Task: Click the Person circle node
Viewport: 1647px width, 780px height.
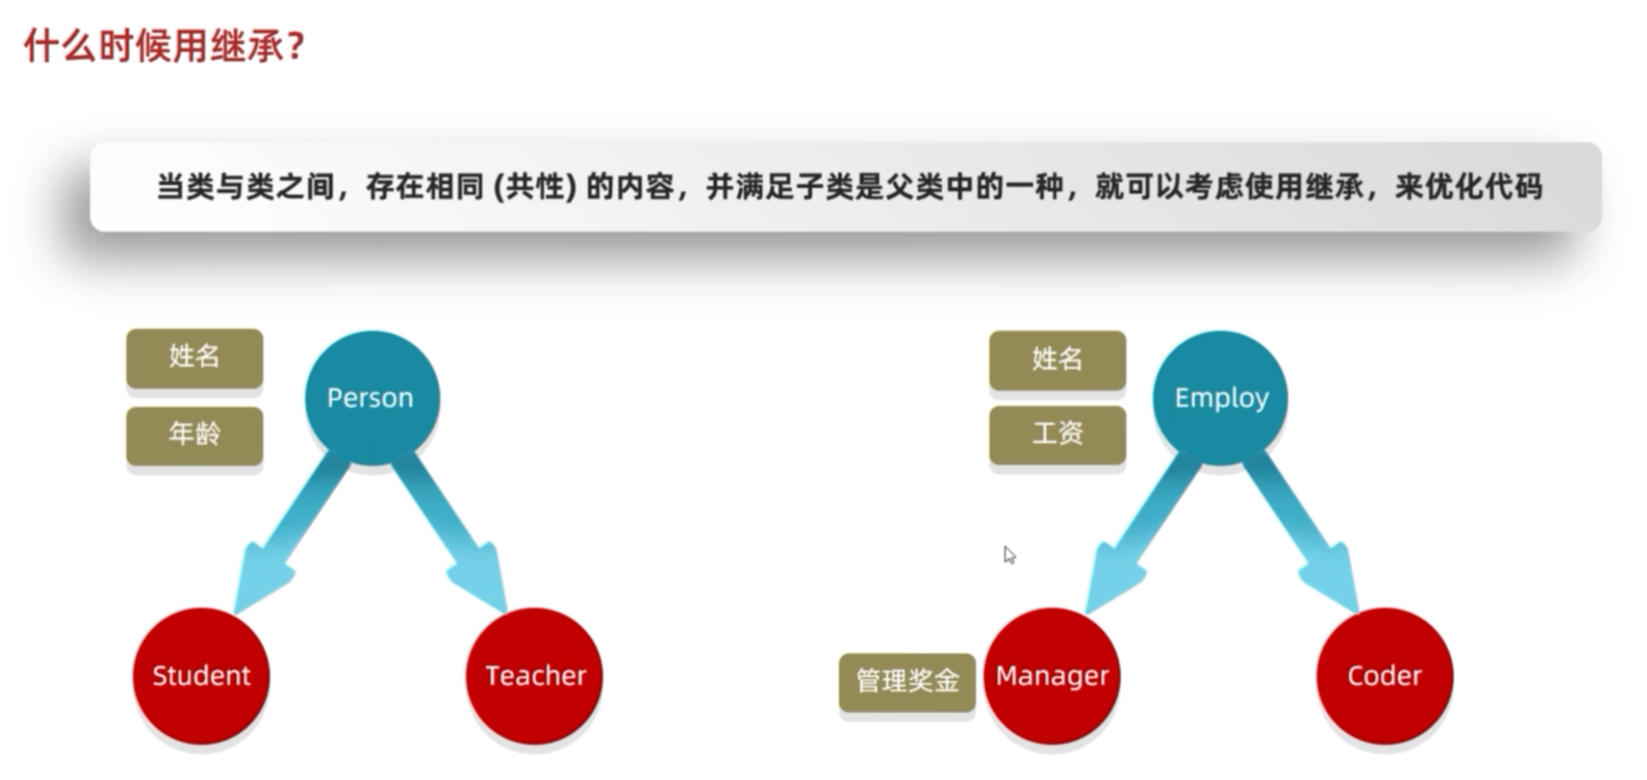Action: [x=372, y=398]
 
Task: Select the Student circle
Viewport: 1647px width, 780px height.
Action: [x=201, y=675]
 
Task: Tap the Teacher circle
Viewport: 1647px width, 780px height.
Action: [x=534, y=675]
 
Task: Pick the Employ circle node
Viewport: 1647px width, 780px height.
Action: [x=1220, y=398]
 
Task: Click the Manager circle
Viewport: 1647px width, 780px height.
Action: [x=1052, y=675]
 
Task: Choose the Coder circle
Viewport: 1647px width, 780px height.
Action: [x=1384, y=675]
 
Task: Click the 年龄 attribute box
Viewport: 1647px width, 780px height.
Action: [x=195, y=435]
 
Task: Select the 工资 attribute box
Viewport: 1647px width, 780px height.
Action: [x=1058, y=434]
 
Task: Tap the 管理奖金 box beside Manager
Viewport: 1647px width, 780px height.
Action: [x=907, y=681]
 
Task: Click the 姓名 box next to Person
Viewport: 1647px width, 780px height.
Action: [x=195, y=356]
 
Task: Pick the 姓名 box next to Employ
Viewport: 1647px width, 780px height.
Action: [x=1058, y=359]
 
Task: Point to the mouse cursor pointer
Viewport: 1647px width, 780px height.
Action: [x=1009, y=555]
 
